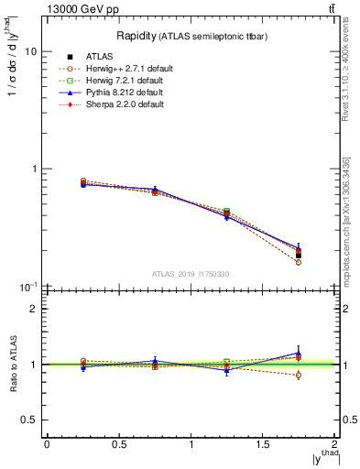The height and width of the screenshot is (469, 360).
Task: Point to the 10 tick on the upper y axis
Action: (30, 51)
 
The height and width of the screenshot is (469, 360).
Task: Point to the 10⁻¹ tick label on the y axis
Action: (28, 287)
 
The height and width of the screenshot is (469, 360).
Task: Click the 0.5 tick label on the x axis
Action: (118, 444)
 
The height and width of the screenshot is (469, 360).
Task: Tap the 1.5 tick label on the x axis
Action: (263, 444)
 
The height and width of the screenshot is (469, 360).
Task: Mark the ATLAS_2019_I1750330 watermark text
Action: (191, 274)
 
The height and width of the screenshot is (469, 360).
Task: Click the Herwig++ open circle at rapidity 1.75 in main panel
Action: (299, 262)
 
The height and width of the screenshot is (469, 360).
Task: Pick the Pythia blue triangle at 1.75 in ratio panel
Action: (299, 353)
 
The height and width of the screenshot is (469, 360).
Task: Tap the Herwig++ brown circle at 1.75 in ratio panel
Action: (299, 375)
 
